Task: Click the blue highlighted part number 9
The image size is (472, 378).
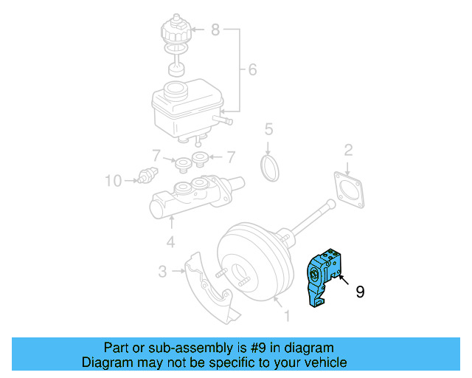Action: [x=324, y=277]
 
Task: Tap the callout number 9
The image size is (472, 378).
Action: [x=360, y=292]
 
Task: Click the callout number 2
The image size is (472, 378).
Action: [x=347, y=151]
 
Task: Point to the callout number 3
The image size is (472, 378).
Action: [x=163, y=272]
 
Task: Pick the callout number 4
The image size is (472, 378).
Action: [x=170, y=241]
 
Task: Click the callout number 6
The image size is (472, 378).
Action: [x=252, y=70]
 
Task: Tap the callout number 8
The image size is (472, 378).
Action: [x=215, y=30]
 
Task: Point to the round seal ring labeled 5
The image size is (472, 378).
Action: [x=271, y=167]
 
